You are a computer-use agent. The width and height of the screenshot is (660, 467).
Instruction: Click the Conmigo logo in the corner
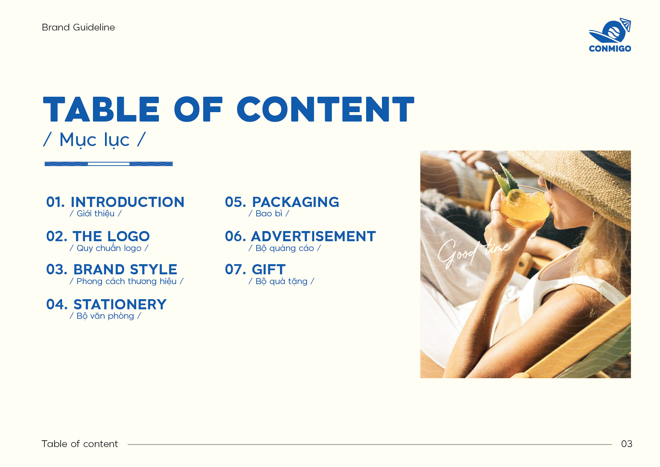pyautogui.click(x=610, y=35)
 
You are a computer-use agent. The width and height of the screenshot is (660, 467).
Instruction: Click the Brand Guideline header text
pyautogui.click(x=78, y=27)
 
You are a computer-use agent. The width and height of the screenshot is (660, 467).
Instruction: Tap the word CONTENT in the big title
pyautogui.click(x=325, y=109)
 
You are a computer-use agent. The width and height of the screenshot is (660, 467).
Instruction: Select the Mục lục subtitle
pyautogui.click(x=94, y=140)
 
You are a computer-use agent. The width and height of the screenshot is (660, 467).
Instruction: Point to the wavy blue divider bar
pyautogui.click(x=108, y=164)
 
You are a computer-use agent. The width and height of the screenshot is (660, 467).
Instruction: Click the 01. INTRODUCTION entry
pyautogui.click(x=115, y=202)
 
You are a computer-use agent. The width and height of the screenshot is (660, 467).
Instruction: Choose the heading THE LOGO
pyautogui.click(x=111, y=236)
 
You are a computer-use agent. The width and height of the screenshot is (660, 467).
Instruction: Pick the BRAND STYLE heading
pyautogui.click(x=125, y=269)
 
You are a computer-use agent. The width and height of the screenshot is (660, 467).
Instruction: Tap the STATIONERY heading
pyautogui.click(x=120, y=304)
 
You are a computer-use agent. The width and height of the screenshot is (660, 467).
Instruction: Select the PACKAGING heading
pyautogui.click(x=295, y=202)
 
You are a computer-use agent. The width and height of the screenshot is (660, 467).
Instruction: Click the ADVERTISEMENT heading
pyautogui.click(x=313, y=236)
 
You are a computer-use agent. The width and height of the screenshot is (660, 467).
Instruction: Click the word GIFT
pyautogui.click(x=269, y=269)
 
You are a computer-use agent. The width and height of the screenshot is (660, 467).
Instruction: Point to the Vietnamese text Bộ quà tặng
pyautogui.click(x=281, y=281)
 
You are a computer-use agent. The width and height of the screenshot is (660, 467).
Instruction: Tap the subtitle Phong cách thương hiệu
pyautogui.click(x=126, y=281)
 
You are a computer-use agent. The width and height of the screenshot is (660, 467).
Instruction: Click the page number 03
pyautogui.click(x=627, y=444)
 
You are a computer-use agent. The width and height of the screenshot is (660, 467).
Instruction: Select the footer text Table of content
pyautogui.click(x=80, y=444)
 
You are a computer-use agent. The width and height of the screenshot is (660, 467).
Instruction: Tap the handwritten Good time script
pyautogui.click(x=474, y=253)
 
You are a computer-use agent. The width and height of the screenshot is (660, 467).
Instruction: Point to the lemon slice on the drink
pyautogui.click(x=515, y=196)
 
